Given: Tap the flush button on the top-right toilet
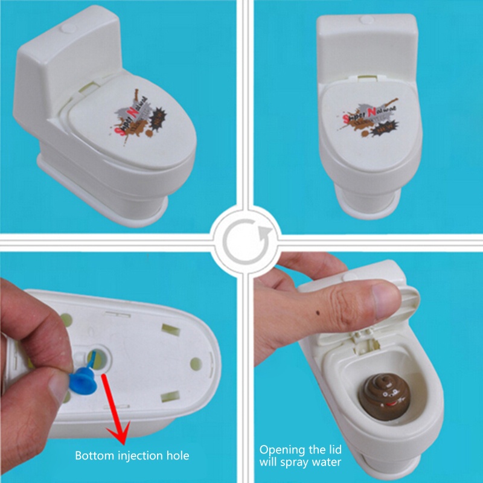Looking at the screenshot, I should [x=366, y=20].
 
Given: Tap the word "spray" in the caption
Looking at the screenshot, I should [x=300, y=463].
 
